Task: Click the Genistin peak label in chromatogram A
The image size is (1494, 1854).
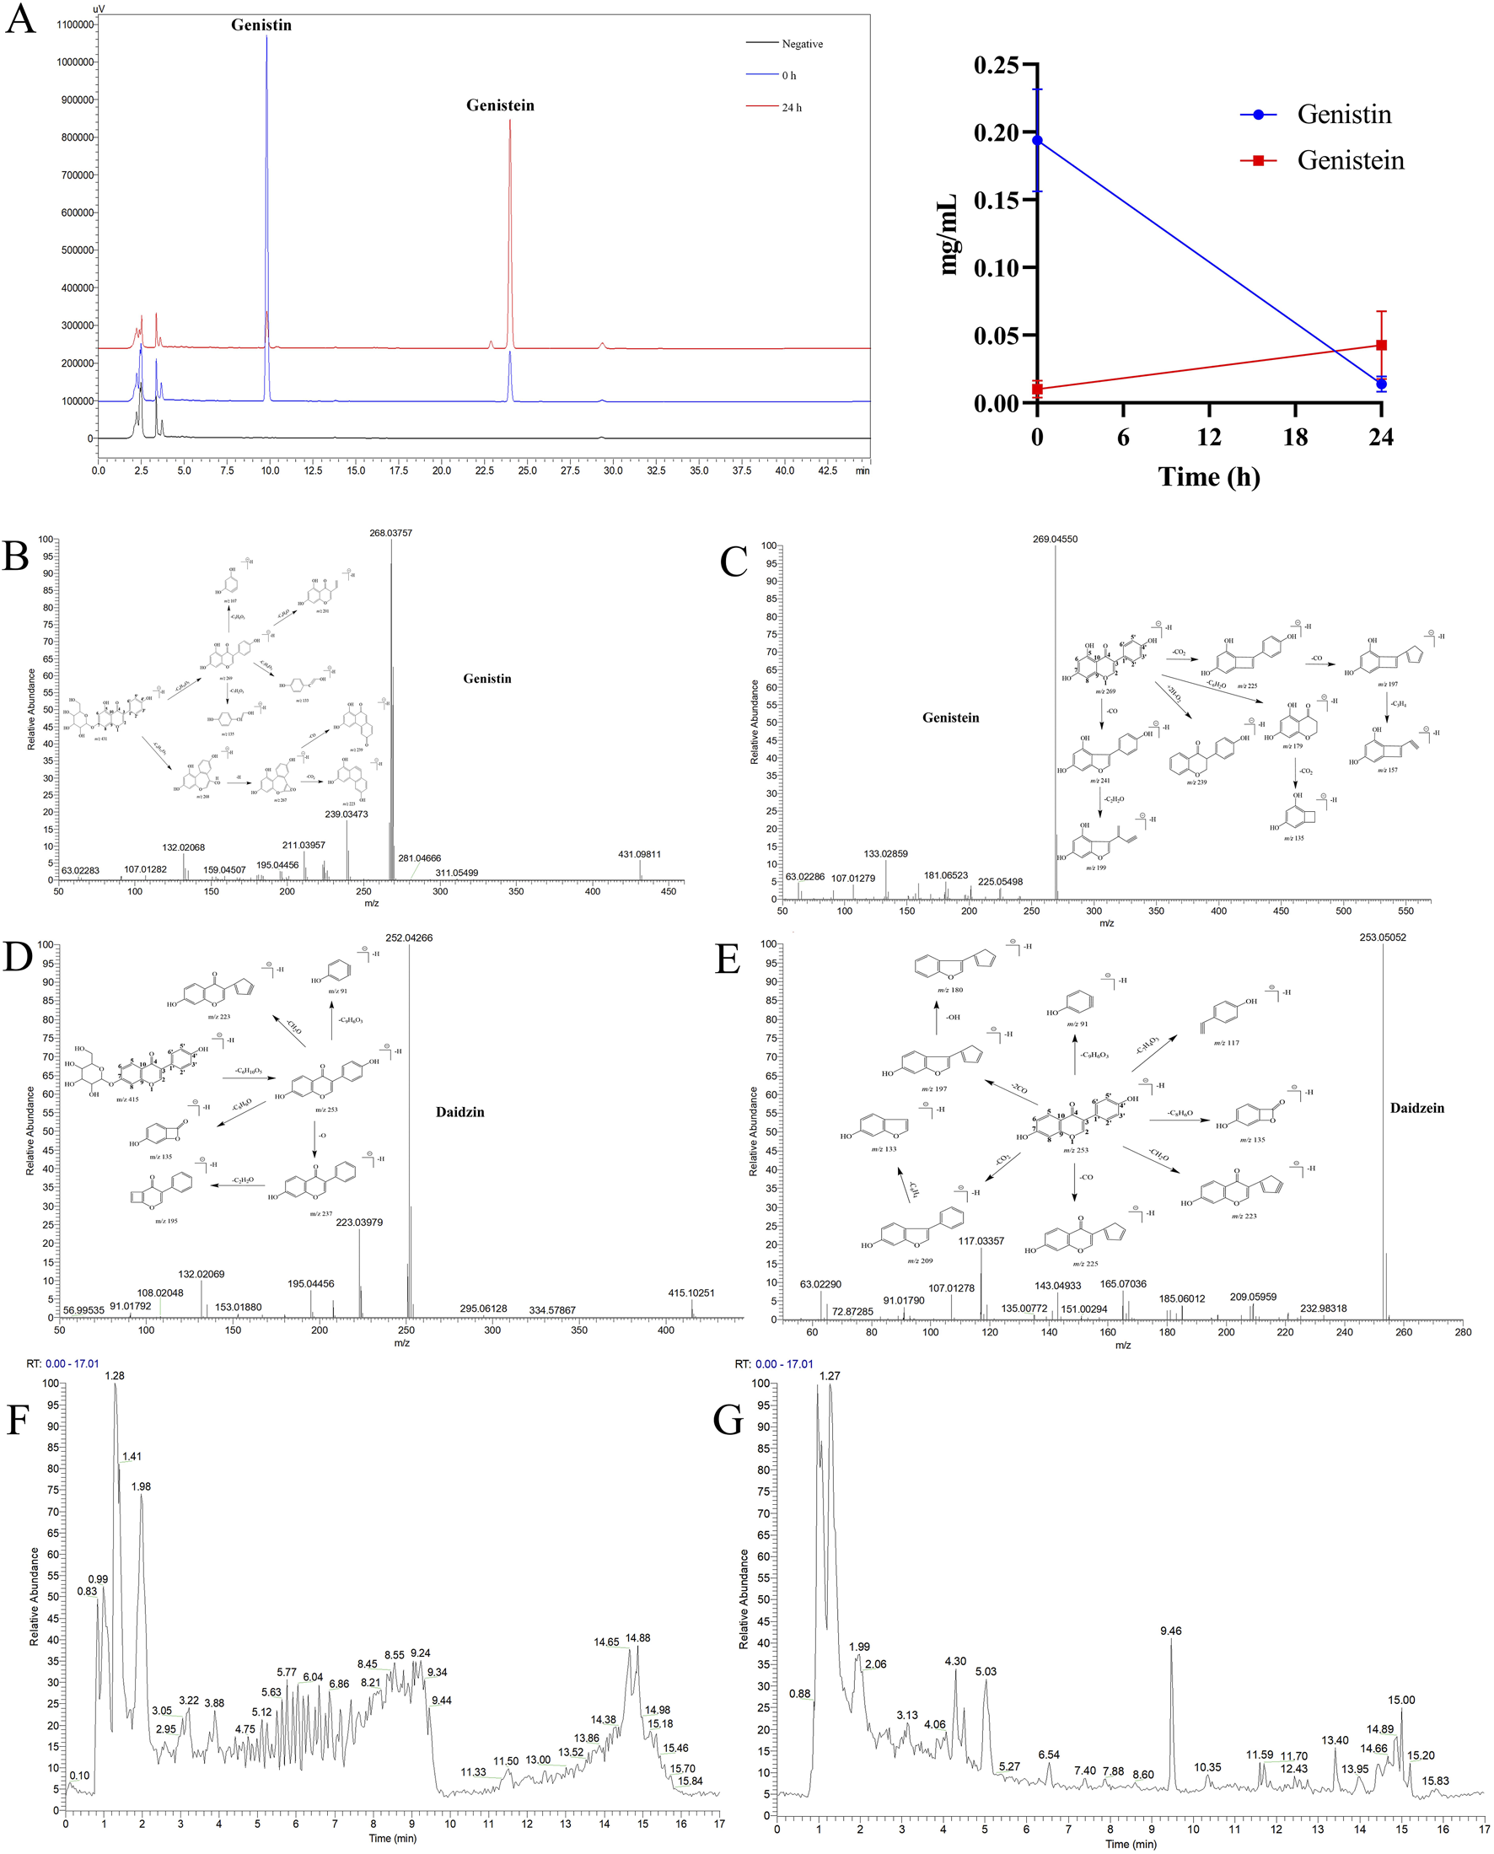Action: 261,25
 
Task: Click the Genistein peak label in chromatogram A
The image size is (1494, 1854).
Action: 500,105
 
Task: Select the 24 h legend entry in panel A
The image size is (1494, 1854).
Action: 792,108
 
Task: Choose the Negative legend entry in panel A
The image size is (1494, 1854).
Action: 801,44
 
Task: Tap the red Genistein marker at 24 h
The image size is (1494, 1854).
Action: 1381,345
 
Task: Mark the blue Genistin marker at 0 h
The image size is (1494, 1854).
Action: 1038,140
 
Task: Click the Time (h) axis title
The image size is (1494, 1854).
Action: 1208,476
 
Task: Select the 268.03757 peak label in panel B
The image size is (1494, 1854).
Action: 390,533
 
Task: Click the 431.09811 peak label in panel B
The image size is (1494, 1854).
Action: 639,854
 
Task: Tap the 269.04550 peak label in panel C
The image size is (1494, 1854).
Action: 1055,539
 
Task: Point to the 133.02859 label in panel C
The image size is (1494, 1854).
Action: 885,854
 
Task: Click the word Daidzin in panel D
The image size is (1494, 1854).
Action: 459,1112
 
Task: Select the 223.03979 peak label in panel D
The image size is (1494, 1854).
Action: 359,1223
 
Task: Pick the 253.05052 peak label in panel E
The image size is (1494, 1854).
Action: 1383,938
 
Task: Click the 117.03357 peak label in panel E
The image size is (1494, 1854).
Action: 981,1241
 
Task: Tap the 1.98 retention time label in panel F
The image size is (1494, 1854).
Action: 141,1486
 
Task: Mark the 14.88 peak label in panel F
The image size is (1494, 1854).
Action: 637,1638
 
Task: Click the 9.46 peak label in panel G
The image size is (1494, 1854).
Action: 1170,1631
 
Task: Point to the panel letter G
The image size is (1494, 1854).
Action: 728,1420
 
